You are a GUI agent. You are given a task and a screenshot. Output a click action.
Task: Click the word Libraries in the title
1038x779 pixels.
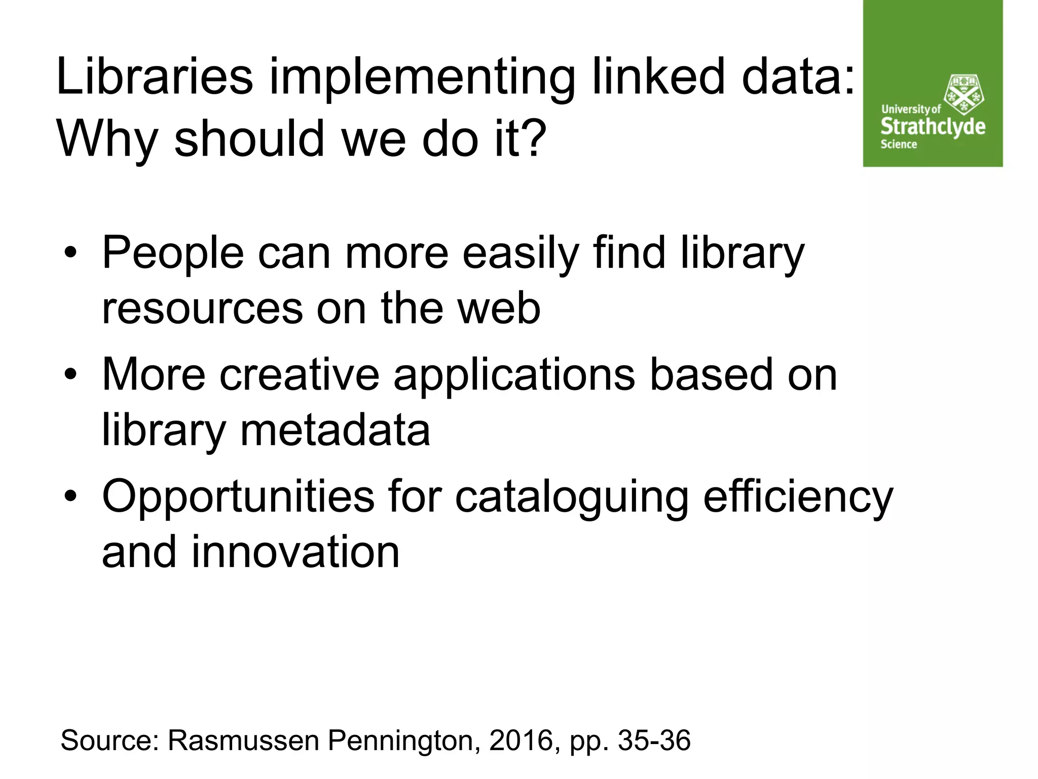[x=155, y=77]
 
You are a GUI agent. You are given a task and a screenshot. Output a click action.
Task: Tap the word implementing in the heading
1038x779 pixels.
[x=422, y=77]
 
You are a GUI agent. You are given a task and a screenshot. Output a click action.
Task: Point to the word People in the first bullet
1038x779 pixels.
[x=173, y=253]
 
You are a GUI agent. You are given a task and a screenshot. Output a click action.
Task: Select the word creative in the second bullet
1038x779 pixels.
[x=300, y=375]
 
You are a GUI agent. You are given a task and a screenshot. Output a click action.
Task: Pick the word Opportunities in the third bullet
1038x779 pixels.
[x=238, y=497]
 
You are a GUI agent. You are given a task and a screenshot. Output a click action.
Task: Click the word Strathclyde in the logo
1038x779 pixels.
[x=933, y=126]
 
